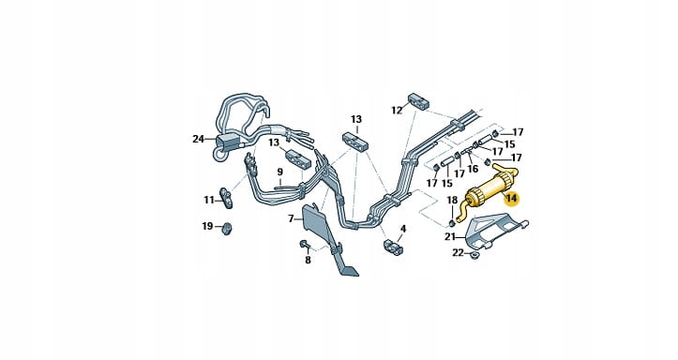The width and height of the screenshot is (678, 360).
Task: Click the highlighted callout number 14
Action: pos(511,199)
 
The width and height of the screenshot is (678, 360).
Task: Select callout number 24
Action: pos(198,139)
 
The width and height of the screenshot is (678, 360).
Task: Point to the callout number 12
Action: pos(397,111)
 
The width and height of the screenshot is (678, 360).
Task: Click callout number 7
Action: pos(291,218)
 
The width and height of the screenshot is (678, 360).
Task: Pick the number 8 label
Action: pos(308,261)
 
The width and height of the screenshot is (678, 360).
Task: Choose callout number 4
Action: pos(403,228)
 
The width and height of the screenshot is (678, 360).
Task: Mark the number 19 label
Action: pos(207,226)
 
